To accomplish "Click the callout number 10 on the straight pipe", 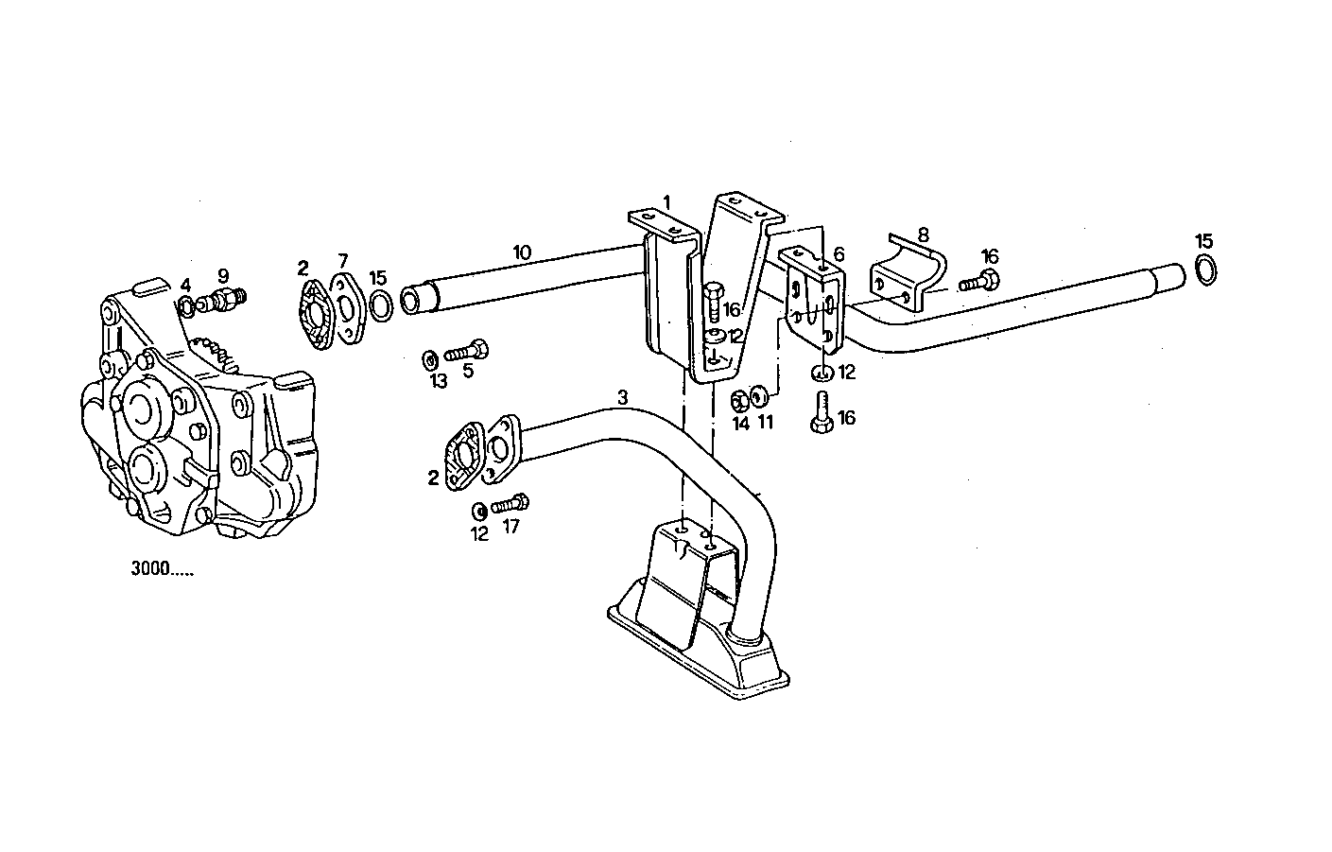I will coord(522,252).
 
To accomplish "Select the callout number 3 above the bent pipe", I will coord(622,398).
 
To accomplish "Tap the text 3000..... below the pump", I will coord(161,570).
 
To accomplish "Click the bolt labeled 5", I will coord(466,352).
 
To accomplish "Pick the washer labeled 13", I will coord(428,358).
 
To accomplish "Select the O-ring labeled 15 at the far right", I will coord(1206,270).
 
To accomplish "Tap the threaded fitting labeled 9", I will coord(227,302).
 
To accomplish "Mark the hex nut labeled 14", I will coord(740,401).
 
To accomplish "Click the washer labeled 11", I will coord(759,395).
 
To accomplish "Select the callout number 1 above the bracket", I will coord(666,201).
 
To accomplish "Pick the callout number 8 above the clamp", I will coord(923,234).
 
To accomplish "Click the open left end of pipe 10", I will coord(412,302).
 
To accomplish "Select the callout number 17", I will coord(510,527).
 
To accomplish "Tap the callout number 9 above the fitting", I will coord(223,276).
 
